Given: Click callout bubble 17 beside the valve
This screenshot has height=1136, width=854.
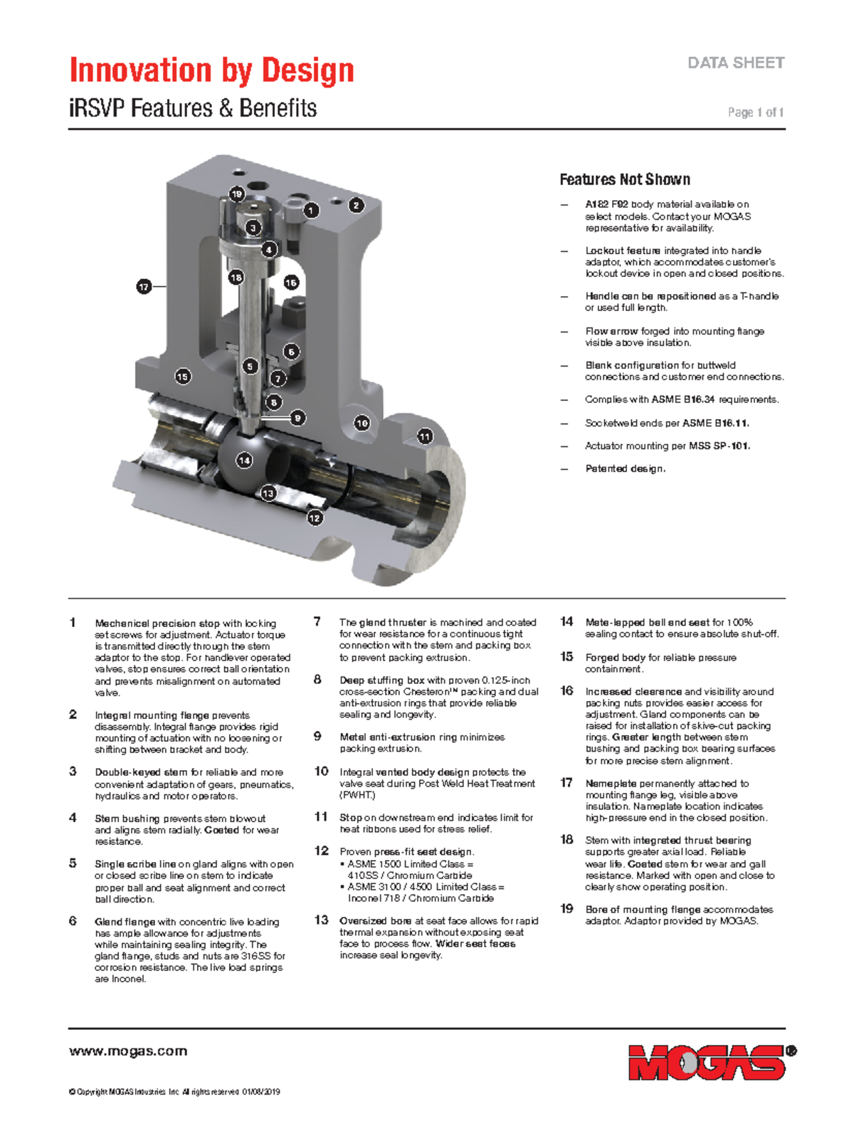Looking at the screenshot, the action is pos(144,286).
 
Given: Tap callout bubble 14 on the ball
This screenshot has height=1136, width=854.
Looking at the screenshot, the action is pos(244,460).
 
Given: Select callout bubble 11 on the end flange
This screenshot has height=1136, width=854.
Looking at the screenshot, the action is pos(425,436).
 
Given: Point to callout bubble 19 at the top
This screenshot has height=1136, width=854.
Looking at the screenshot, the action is pos(237,194).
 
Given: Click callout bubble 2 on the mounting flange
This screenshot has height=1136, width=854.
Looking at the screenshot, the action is pos(356,206).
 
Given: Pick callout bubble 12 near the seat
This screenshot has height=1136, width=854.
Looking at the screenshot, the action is pos(315,517).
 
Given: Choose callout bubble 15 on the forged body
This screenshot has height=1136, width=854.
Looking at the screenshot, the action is pos(182,377).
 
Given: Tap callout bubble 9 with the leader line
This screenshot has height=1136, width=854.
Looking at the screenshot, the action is pos(297,418).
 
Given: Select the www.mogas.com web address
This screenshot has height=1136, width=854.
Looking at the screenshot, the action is pos(128,1051).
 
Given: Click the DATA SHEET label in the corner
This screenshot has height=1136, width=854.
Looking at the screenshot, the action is pos(736,63).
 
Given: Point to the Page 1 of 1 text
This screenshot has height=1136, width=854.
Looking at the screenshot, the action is pos(756,112).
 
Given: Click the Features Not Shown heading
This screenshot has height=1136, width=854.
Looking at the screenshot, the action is pos(625,179).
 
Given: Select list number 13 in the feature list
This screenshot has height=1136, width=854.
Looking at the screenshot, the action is pos(321,920).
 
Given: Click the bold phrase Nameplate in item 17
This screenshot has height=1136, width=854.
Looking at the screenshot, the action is pos(611,784).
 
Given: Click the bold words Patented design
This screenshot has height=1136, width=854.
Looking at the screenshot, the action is pos(626,468).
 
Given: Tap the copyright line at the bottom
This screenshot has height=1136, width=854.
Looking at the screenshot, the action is pos(174,1092).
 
